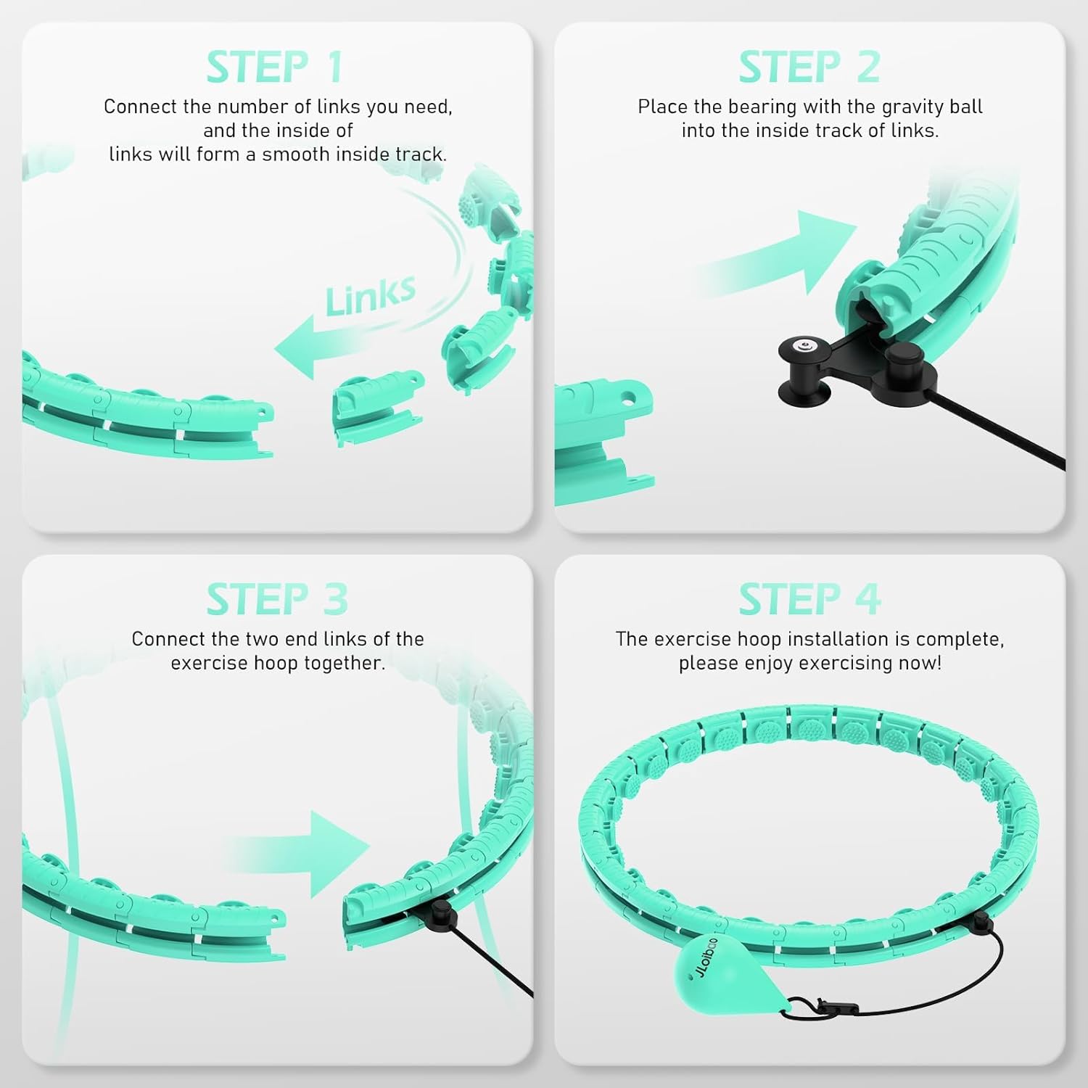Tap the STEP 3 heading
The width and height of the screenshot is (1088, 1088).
(x=277, y=599)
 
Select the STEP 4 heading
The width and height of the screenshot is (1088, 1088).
(x=809, y=599)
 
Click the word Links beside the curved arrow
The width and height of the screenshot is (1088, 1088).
(x=371, y=295)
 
